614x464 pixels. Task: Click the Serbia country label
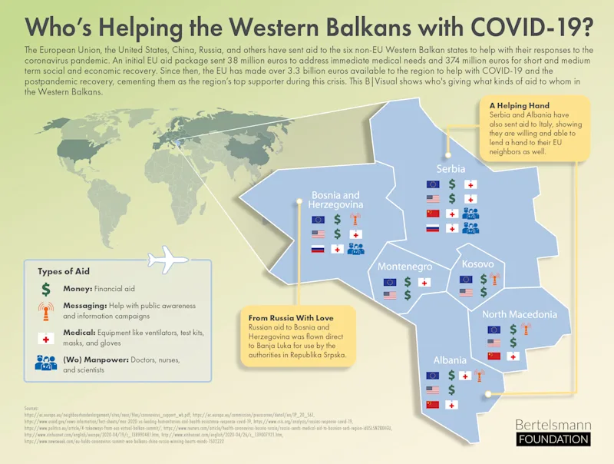pos(451,168)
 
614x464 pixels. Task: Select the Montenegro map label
pos(404,267)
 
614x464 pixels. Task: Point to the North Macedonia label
pos(520,314)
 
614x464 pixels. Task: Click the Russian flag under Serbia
pos(433,228)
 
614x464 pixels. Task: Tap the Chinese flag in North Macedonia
pos(494,356)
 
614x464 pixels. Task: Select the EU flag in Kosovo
pos(466,280)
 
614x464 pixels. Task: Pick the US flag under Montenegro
pos(390,295)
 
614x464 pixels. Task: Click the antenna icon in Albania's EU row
pos(478,376)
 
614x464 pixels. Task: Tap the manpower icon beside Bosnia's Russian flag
pos(355,249)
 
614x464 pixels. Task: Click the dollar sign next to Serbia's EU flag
pos(453,184)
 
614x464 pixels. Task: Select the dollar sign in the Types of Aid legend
pos(45,289)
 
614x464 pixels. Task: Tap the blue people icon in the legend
pos(46,363)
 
